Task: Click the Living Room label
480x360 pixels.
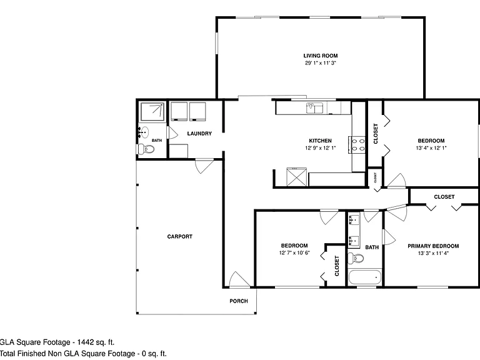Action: point(321,56)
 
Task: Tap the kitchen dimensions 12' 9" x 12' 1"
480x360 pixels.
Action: point(321,148)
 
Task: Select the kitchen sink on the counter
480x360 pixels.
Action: point(315,108)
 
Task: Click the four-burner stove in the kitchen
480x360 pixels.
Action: point(357,145)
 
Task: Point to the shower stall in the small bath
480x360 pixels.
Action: point(152,112)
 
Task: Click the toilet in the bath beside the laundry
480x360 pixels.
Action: point(146,149)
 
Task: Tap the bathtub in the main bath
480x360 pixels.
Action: point(365,277)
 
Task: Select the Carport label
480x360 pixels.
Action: point(180,237)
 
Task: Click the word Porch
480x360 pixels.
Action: point(239,301)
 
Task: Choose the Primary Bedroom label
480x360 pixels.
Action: point(433,246)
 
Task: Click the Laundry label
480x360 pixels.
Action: point(199,134)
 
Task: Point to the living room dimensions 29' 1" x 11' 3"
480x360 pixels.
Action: point(321,63)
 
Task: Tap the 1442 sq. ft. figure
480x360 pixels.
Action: point(96,342)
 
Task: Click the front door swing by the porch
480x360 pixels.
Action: point(240,279)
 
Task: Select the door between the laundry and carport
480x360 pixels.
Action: point(204,166)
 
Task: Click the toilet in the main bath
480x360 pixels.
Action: point(356,257)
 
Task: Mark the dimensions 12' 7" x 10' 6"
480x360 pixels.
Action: point(294,253)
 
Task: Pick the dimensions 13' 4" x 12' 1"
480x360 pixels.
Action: point(431,148)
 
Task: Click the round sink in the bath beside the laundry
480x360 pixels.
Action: point(144,132)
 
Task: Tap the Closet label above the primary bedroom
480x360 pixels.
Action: point(444,197)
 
